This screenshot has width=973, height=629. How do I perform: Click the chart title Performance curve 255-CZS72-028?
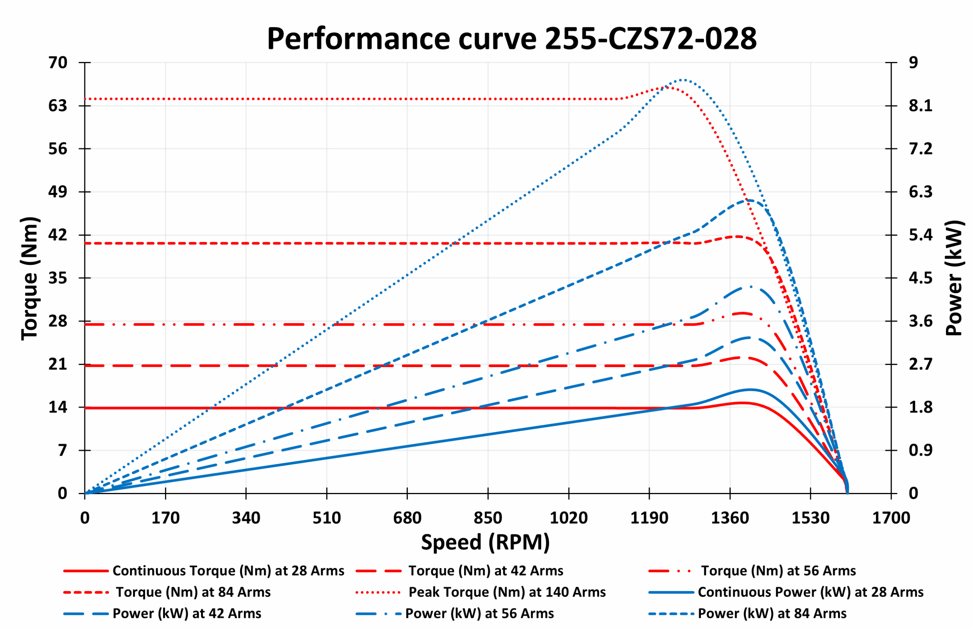[x=512, y=39]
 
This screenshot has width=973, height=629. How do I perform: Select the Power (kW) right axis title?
[x=954, y=278]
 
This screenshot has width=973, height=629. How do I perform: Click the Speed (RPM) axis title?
[x=485, y=542]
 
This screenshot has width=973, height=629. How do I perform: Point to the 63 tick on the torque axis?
[x=58, y=106]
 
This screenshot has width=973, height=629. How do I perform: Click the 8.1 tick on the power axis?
[x=920, y=106]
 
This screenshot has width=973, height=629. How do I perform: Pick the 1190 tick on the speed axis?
[x=649, y=518]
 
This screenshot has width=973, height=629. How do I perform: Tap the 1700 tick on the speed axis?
[x=891, y=518]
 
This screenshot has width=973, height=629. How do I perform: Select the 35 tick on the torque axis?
[x=58, y=278]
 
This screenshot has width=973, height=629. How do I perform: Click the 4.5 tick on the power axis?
[x=920, y=278]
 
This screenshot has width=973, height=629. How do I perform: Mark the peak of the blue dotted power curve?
[x=683, y=80]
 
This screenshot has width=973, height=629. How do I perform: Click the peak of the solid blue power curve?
[x=750, y=389]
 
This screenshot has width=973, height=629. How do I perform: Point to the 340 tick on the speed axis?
[x=246, y=518]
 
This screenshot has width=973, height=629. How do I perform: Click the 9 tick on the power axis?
[x=913, y=62]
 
